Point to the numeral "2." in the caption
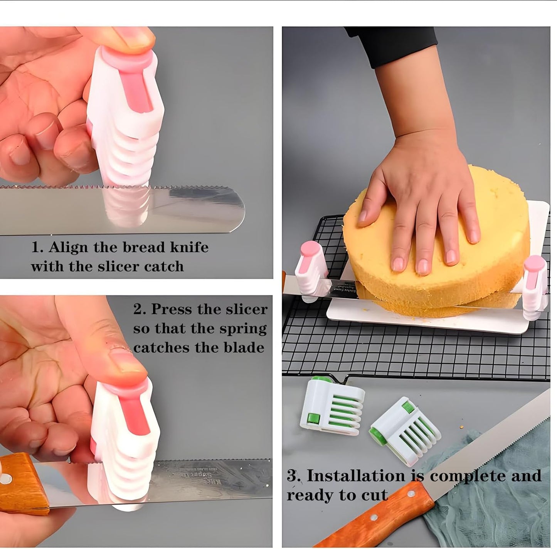[140, 309]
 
